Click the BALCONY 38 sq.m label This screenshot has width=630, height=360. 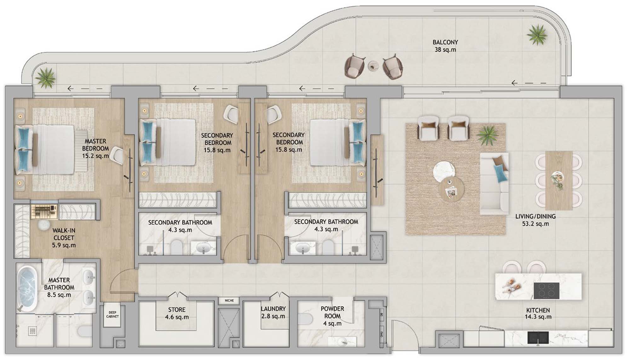point(445,46)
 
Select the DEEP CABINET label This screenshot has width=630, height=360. point(112,314)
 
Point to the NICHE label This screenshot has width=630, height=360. point(229,300)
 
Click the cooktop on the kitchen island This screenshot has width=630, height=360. point(547,290)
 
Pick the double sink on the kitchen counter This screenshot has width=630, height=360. point(538,337)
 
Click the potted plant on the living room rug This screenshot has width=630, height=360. point(488,135)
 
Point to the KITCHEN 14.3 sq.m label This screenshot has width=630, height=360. point(538,313)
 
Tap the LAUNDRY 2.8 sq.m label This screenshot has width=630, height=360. point(273,312)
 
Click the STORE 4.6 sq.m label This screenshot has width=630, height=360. point(177,313)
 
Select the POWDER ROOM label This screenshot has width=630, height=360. point(332,312)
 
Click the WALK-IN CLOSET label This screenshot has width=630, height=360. point(64,234)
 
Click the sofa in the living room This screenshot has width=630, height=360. point(494,184)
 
